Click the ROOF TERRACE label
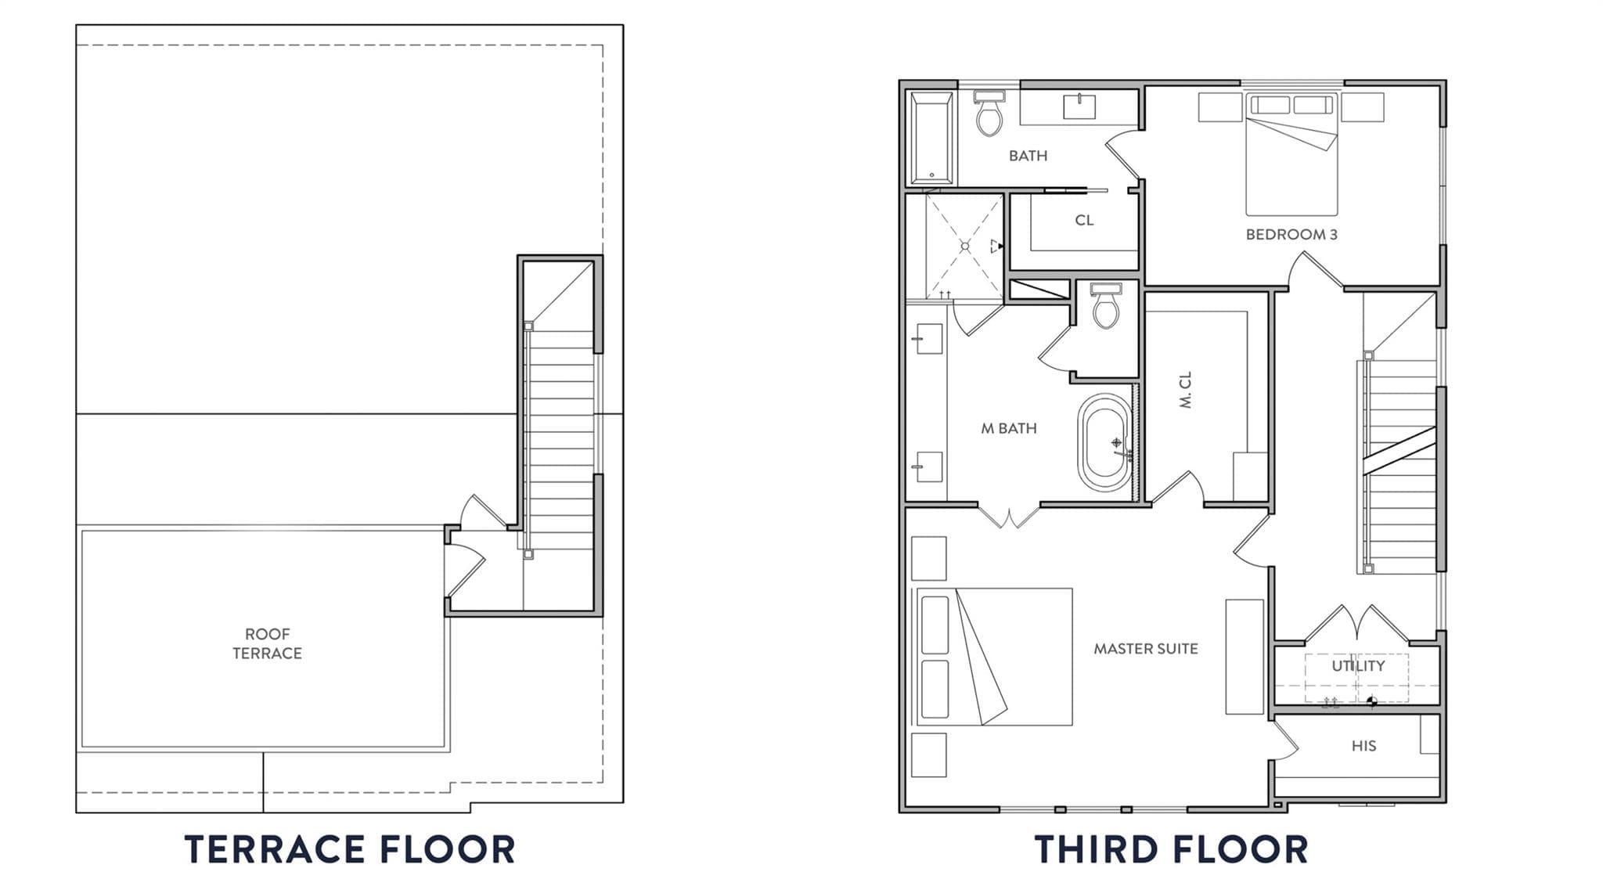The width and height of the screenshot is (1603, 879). tap(267, 643)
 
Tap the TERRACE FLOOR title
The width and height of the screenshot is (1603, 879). tap(350, 849)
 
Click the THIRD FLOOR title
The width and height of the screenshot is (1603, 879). tap(1171, 849)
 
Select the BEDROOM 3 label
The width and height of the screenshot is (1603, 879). tap(1291, 234)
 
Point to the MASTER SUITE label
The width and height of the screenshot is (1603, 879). tap(1146, 648)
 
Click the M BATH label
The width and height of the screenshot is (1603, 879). tap(1009, 428)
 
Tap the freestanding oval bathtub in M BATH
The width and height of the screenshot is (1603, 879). tap(1104, 442)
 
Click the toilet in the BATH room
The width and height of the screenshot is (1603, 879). tap(989, 113)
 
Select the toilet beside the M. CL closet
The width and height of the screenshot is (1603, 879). tap(1106, 306)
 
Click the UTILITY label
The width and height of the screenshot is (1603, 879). tap(1358, 665)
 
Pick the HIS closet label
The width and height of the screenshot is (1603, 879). tap(1363, 746)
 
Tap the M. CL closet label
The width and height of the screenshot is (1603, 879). tap(1185, 390)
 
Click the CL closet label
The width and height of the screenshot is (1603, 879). tap(1084, 220)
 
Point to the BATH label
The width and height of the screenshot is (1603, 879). tap(1028, 156)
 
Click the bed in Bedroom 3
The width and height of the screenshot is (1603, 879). tap(1291, 154)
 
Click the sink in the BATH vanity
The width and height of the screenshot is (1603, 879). tap(1079, 106)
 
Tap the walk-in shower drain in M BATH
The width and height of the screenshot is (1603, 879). tap(965, 246)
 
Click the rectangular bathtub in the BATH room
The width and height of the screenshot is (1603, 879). tap(931, 139)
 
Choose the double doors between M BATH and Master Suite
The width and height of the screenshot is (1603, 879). tap(1010, 516)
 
